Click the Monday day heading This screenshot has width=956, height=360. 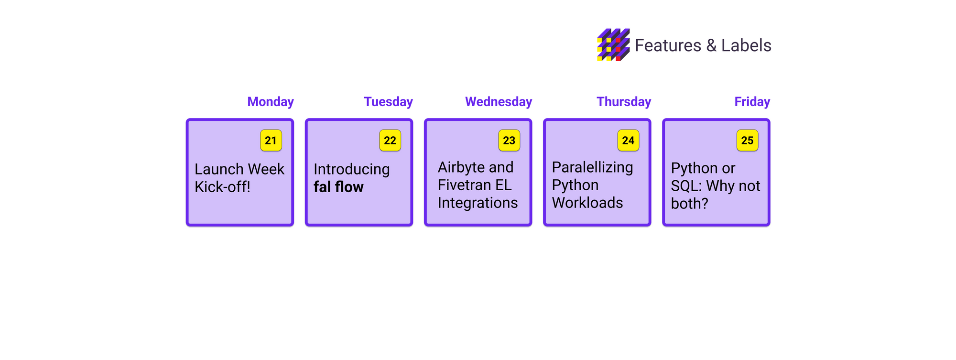tap(271, 102)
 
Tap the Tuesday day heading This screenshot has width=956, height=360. tap(388, 102)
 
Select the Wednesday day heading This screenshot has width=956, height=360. tap(499, 102)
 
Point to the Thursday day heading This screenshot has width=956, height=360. tap(624, 102)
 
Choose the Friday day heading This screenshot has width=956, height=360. tap(752, 102)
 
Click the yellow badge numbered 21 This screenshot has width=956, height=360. tap(271, 141)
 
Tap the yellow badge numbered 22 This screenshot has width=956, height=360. tap(390, 141)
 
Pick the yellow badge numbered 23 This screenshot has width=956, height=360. tap(509, 141)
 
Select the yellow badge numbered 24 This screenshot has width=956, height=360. tap(628, 141)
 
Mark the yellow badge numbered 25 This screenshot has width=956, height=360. tap(748, 141)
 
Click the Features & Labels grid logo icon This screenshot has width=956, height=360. tap(613, 45)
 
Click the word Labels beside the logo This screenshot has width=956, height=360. tap(746, 45)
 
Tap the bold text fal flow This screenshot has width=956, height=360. tap(338, 187)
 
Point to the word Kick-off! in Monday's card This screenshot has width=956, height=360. tap(222, 187)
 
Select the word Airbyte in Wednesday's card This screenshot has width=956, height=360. tap(461, 168)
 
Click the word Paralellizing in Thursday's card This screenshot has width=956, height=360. tap(592, 168)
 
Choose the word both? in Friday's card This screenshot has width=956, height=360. tap(689, 204)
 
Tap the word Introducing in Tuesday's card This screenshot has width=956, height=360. tap(352, 170)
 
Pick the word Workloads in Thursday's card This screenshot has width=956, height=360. tap(587, 203)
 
